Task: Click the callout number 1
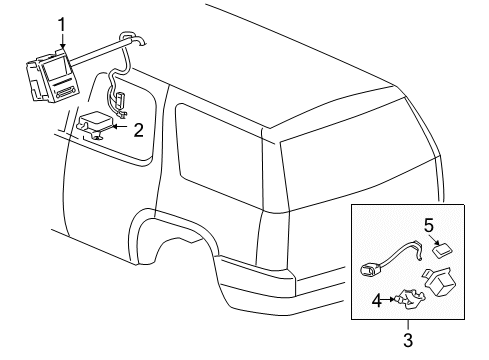(62, 25)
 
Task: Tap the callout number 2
(138, 130)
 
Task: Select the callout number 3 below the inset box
(408, 340)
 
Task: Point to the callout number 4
(377, 301)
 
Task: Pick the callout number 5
(429, 225)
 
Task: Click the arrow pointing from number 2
(120, 127)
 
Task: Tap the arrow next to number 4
(388, 299)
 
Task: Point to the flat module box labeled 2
(96, 124)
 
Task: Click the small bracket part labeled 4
(409, 299)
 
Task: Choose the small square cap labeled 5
(443, 251)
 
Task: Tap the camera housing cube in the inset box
(441, 282)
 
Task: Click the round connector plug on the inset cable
(368, 269)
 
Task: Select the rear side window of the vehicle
(219, 156)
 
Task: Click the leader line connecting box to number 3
(408, 325)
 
